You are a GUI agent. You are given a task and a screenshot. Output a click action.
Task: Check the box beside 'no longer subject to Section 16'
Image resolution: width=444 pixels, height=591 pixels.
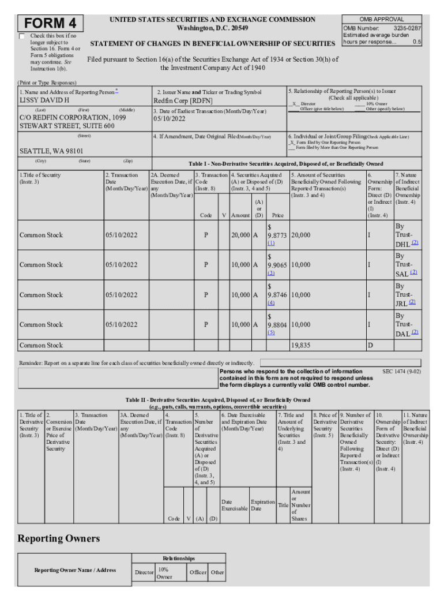pos(22,36)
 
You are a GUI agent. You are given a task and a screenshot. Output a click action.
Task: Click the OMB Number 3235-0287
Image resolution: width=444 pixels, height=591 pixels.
pos(382,28)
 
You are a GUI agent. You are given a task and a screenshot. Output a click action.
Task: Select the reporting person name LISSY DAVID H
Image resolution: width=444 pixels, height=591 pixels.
pos(45,100)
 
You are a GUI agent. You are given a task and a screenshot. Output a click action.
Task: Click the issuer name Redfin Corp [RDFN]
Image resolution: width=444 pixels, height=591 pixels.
pos(183,100)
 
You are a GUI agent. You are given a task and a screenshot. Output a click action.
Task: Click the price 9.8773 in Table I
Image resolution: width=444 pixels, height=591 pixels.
pos(277,235)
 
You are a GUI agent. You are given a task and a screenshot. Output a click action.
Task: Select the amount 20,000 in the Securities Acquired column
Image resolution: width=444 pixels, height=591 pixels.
pos(240,235)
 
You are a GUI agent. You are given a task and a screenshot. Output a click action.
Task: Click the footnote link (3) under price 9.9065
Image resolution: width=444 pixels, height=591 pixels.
pos(270,273)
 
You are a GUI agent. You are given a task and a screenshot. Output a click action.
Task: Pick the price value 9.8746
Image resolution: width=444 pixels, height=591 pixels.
pos(277,294)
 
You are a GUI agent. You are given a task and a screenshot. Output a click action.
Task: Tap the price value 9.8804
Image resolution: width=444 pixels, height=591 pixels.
pos(277,324)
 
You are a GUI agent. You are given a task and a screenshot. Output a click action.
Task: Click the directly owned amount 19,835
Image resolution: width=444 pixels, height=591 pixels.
pos(300,345)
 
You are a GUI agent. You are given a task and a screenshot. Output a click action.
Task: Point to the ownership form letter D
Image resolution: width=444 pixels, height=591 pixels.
pos(370,345)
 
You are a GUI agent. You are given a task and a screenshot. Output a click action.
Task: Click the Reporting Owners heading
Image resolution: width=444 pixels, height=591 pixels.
pos(58,538)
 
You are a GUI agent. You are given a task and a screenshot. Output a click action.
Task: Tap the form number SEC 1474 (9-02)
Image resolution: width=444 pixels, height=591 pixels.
pos(402,372)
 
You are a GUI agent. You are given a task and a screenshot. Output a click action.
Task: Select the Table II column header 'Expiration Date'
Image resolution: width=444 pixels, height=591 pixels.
pos(262,506)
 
